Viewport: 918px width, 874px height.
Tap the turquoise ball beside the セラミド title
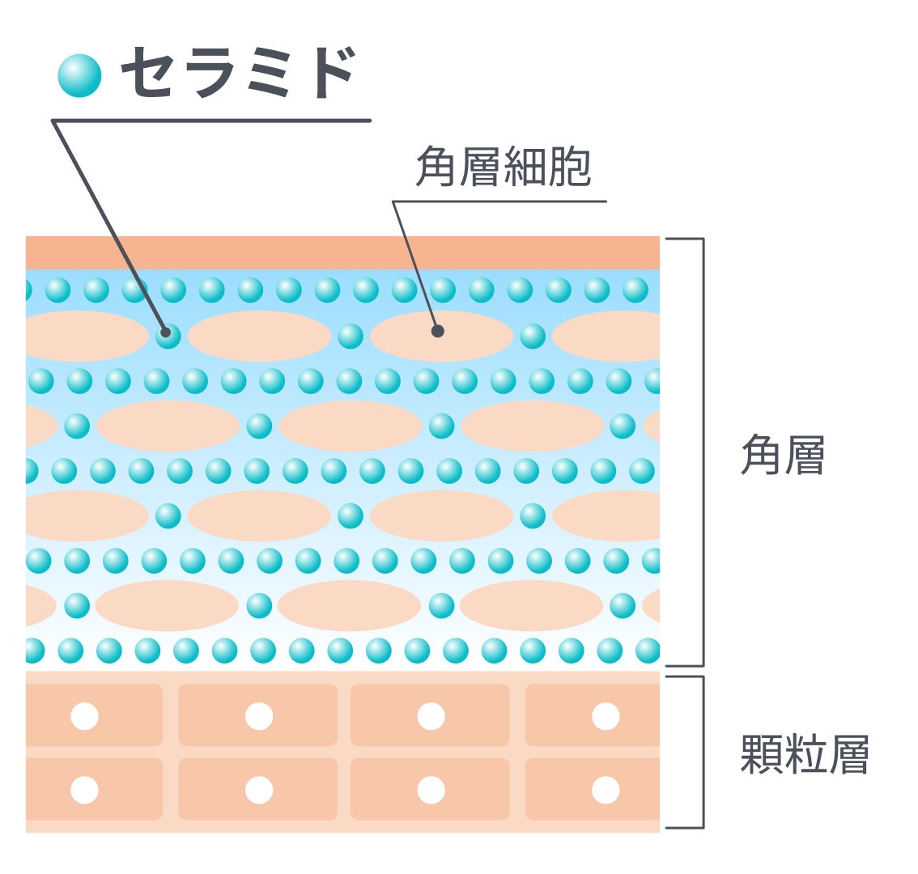click(79, 75)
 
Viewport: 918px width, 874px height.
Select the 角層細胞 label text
click(504, 168)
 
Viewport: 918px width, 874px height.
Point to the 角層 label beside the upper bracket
click(783, 456)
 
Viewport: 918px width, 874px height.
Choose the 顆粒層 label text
click(805, 754)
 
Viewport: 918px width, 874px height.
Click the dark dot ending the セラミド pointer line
click(166, 331)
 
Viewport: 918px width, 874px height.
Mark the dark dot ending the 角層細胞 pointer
click(438, 331)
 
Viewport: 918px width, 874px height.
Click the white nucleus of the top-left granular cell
click(84, 716)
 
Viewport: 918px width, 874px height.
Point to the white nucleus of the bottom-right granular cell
click(606, 790)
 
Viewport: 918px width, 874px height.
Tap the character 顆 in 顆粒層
click(762, 754)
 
